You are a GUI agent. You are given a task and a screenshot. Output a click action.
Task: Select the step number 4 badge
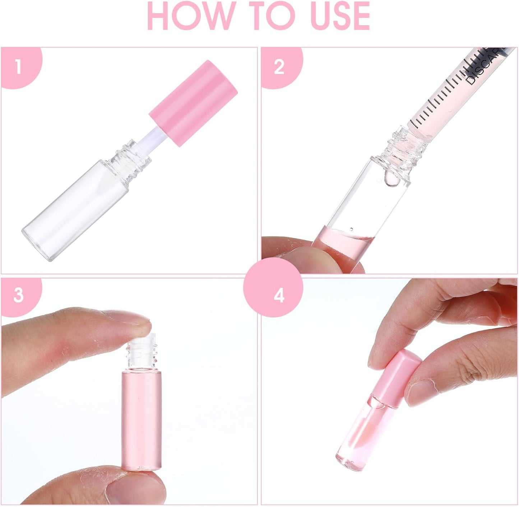279,296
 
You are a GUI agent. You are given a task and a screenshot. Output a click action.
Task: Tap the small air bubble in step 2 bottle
351,229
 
